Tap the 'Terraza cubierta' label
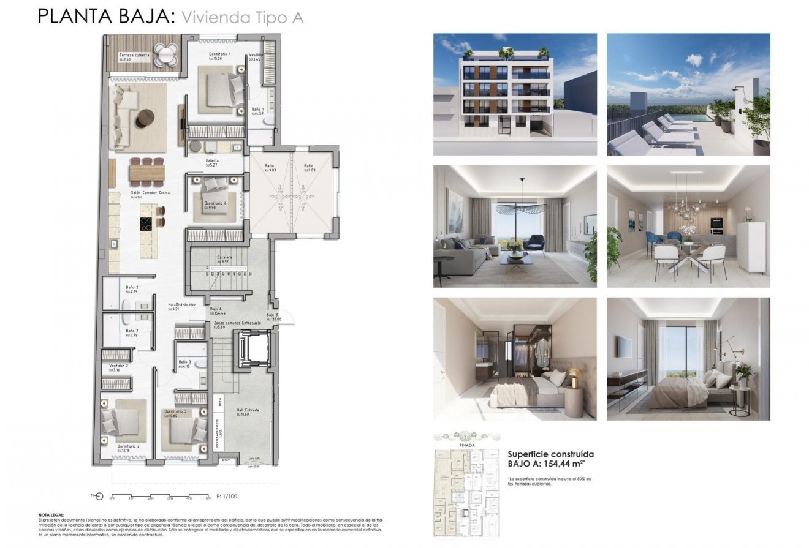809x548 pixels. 134,55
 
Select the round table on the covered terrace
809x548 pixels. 165,54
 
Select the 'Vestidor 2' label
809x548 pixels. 118,366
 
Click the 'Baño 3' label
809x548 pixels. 184,362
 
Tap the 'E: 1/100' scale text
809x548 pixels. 226,497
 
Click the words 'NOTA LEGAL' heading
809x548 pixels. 51,516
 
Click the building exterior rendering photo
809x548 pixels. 515,94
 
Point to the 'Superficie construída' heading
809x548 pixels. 550,454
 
